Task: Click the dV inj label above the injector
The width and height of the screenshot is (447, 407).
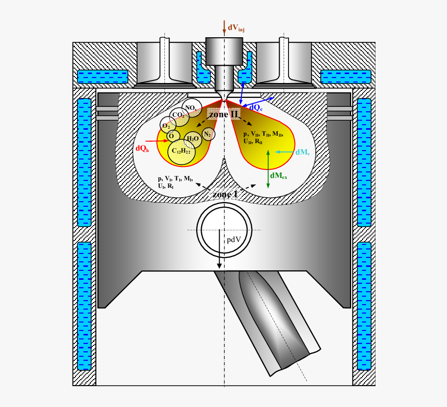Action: coord(236,28)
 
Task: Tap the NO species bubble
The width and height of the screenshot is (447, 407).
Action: coord(189,107)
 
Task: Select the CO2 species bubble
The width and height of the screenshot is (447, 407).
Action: coord(177,115)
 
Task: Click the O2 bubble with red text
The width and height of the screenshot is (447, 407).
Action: coord(166,125)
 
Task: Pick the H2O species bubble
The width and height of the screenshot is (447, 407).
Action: coord(193,139)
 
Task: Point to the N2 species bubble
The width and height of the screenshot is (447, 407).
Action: coord(208,133)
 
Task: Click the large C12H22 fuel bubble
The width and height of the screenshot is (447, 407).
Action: coord(181,151)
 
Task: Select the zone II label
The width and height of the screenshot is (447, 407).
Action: coord(223,114)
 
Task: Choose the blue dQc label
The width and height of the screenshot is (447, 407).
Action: coord(256,107)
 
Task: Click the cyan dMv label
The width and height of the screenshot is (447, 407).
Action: coord(302,153)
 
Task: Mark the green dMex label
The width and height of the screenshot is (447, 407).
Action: coord(279,176)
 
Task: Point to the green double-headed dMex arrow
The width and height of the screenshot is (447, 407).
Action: coord(268,168)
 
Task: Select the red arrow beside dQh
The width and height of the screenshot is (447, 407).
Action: coord(157,141)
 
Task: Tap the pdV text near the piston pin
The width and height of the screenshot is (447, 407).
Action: coord(234,240)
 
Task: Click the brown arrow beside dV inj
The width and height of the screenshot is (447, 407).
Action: coord(224,28)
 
